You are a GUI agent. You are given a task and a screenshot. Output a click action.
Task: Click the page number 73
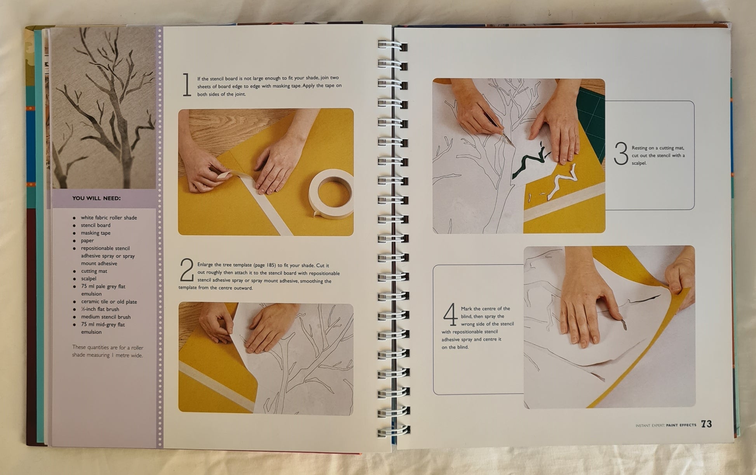coord(706,424)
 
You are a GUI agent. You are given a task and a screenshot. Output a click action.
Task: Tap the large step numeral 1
coord(187,85)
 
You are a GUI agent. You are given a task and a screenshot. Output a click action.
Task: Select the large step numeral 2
coord(187,270)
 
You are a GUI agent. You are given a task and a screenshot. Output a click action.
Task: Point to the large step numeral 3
coord(621,154)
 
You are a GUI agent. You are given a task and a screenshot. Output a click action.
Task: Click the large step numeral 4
coord(451,315)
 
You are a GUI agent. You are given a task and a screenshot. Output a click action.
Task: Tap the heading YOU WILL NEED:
coord(96,198)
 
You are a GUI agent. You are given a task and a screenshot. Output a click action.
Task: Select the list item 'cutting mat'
coord(94,271)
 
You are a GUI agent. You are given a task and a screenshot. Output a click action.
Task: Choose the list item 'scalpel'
coord(89,279)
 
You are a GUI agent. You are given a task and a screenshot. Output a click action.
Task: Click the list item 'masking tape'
coord(96,233)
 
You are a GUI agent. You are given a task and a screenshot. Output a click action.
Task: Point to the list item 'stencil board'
coord(96,225)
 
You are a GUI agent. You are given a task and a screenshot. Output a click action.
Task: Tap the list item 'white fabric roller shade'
coord(109,218)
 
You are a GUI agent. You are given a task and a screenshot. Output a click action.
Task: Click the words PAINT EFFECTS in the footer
coord(681,425)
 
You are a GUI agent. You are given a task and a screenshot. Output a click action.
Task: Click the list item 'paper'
coord(87,241)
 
